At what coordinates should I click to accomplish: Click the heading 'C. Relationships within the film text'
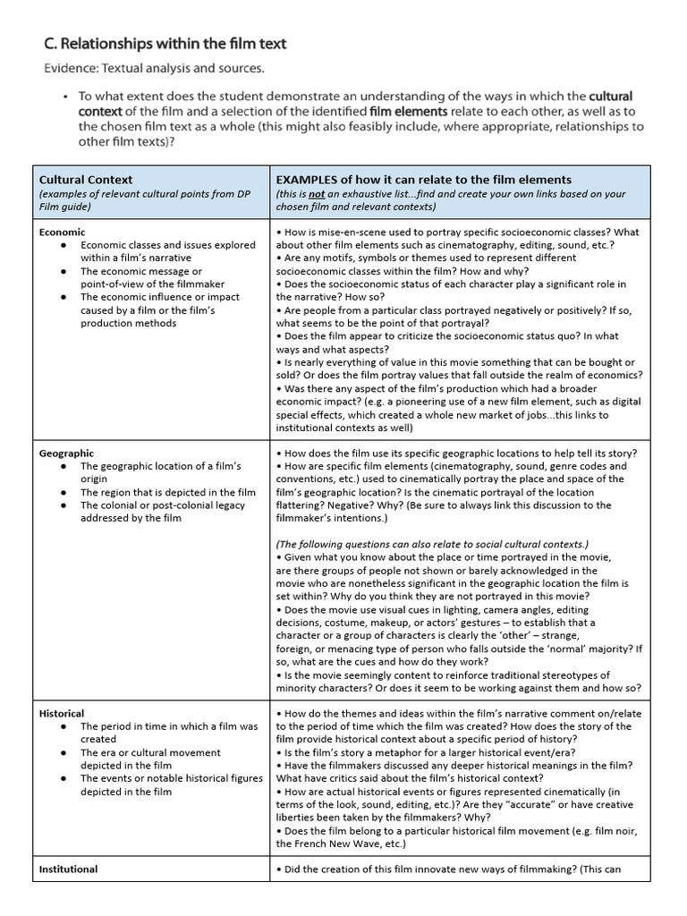coord(165,43)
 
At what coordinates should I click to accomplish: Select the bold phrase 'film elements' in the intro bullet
coord(404,111)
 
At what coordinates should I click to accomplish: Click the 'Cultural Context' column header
coord(86,180)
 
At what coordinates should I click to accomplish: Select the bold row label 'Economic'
coord(63,232)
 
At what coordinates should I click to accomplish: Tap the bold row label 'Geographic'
coord(66,454)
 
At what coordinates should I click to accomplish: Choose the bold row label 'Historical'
coord(62,714)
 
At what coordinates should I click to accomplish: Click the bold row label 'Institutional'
coord(69,869)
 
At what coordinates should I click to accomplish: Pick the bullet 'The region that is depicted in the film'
coord(167,492)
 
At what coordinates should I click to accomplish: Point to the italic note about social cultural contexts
coord(432,544)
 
